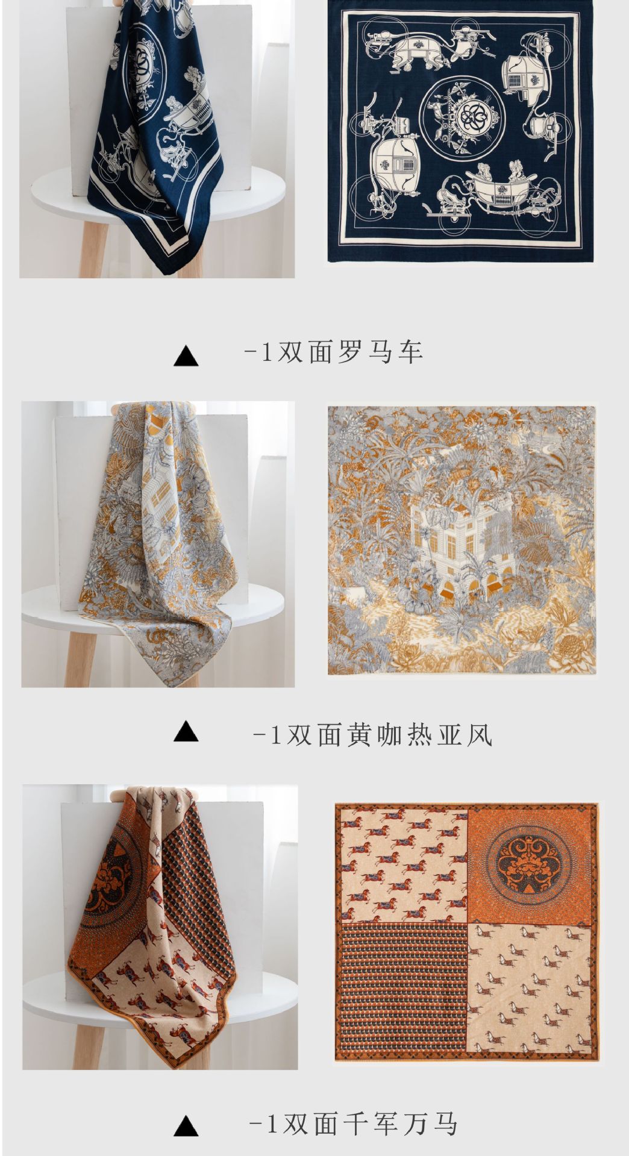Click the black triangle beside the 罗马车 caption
(x=186, y=356)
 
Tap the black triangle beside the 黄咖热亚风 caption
(x=186, y=732)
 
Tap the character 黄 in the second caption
(x=360, y=734)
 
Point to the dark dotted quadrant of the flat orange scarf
(x=401, y=990)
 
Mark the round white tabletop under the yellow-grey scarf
(x=152, y=605)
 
